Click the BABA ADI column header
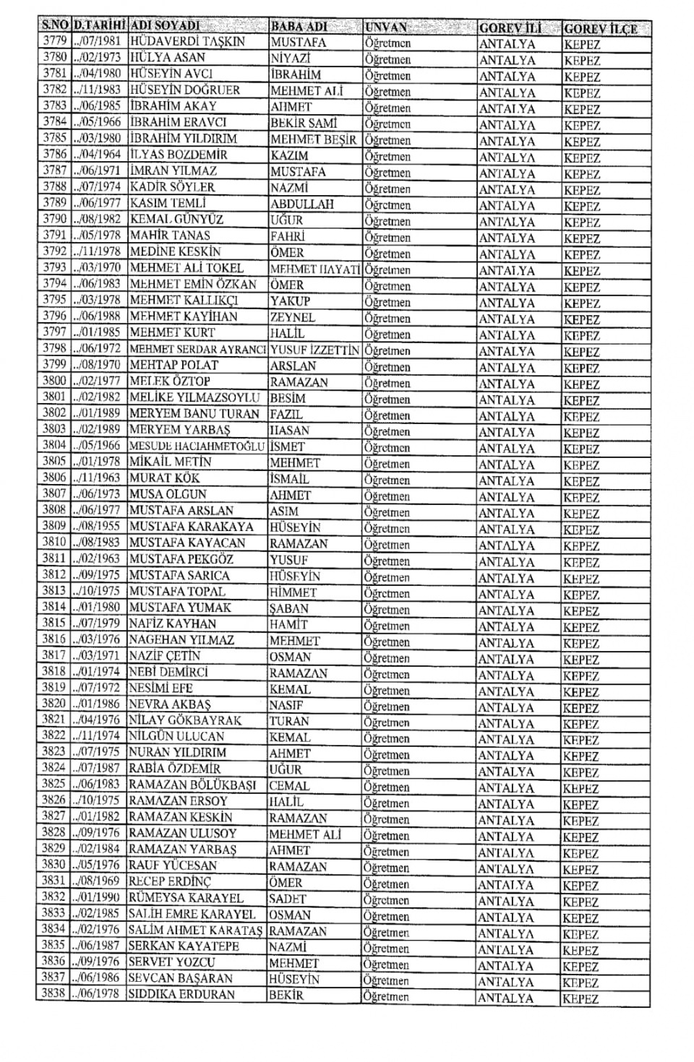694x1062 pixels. pos(299,27)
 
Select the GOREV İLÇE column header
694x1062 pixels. pos(600,29)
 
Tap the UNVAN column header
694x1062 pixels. pos(386,27)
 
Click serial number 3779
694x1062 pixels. pos(55,41)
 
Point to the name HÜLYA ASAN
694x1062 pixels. pos(168,57)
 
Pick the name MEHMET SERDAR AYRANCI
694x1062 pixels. pos(197,349)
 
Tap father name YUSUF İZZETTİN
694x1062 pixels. pos(314,350)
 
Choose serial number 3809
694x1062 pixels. pos(54,527)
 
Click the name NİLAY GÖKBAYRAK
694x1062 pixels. pos(185,720)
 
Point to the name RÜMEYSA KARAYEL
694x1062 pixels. pos(187,898)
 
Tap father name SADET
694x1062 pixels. pos(288,899)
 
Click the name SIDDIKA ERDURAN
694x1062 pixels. pos(181,995)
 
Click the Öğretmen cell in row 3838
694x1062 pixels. pos(386,997)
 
